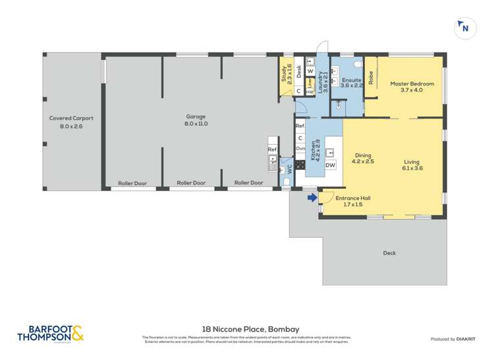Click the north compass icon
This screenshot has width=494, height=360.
click(465, 28)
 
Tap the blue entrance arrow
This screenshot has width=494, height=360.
click(311, 195)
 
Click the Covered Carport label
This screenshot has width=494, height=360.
click(71, 118)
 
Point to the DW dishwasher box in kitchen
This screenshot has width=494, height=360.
click(331, 165)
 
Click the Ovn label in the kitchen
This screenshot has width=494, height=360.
click(300, 149)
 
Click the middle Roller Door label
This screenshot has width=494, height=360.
click(190, 183)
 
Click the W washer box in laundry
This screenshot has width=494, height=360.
click(310, 70)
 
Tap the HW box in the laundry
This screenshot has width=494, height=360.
click(308, 92)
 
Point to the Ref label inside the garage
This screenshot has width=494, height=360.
click(272, 150)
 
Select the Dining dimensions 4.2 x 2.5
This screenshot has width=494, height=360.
click(363, 161)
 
